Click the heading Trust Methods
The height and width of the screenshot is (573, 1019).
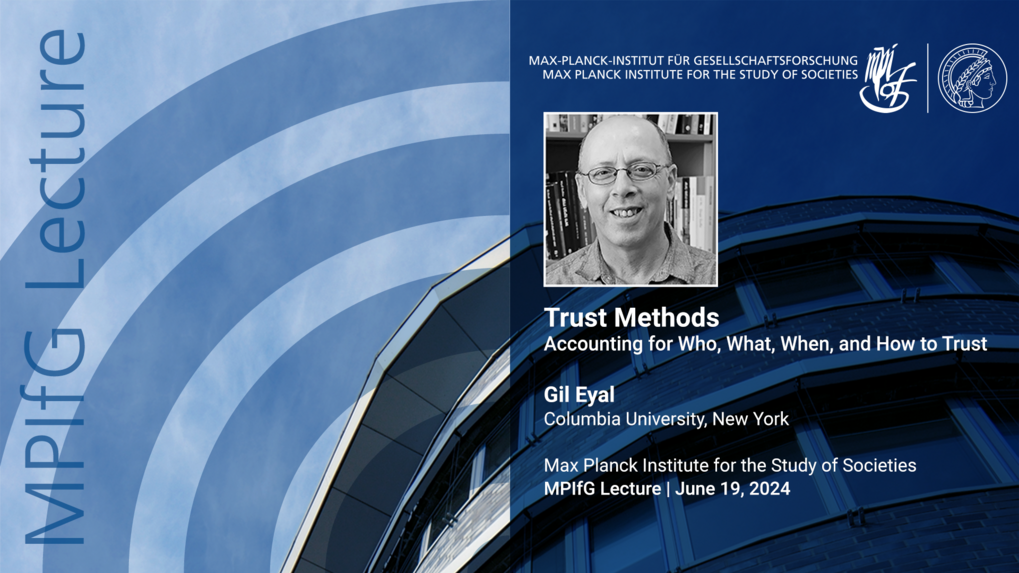(x=631, y=318)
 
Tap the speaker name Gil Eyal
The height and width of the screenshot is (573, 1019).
(x=579, y=395)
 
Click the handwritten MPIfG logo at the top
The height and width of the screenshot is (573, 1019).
(x=887, y=76)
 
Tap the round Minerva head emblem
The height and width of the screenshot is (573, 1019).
(x=972, y=78)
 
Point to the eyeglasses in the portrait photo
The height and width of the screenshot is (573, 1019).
(x=626, y=174)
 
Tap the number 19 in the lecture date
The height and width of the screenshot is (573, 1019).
(x=732, y=489)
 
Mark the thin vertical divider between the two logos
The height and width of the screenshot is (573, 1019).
(x=927, y=78)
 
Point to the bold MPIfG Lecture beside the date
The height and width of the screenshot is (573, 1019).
(x=602, y=489)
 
